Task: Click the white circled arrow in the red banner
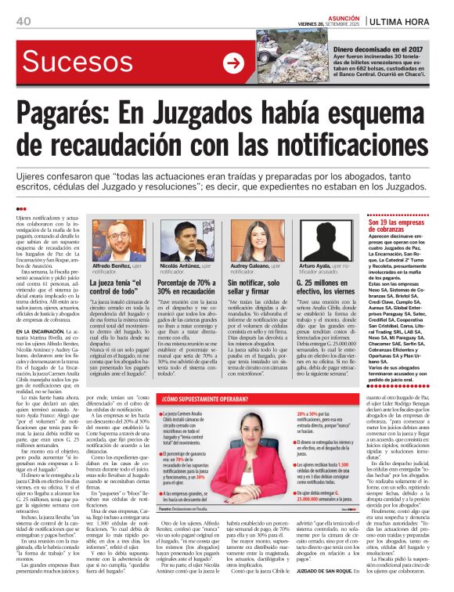(233, 63)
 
